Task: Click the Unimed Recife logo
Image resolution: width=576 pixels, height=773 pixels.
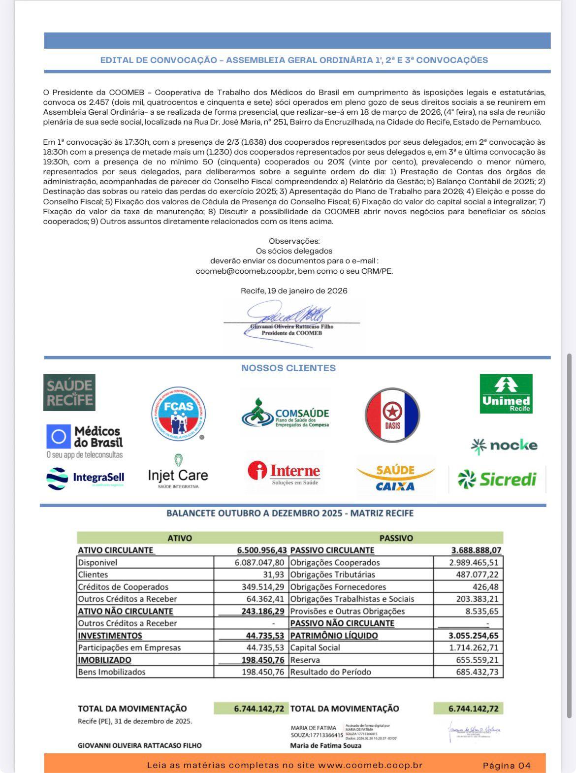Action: pyautogui.click(x=506, y=394)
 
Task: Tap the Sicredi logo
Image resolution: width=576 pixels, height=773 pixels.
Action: pyautogui.click(x=497, y=479)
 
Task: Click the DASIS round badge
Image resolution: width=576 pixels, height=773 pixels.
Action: pyautogui.click(x=392, y=415)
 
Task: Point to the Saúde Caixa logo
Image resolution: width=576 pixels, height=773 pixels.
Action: pyautogui.click(x=395, y=478)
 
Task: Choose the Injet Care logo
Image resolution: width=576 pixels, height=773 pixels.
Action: pyautogui.click(x=178, y=472)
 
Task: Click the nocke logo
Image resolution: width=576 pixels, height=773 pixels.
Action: pyautogui.click(x=504, y=446)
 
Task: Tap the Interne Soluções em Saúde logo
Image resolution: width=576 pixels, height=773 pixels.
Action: pyautogui.click(x=285, y=473)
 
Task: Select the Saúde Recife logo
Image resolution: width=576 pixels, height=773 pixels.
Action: pyautogui.click(x=69, y=392)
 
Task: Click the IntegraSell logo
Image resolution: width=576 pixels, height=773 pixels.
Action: pyautogui.click(x=85, y=478)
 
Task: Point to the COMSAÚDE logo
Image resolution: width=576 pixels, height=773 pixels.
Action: pyautogui.click(x=285, y=413)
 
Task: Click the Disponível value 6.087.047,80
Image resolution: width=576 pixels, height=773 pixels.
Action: pyautogui.click(x=259, y=562)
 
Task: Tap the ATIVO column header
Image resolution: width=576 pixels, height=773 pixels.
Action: pyautogui.click(x=180, y=538)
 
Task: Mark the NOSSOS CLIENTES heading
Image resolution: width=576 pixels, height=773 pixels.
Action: pyautogui.click(x=288, y=368)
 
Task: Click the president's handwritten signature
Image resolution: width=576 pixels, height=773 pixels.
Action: pyautogui.click(x=288, y=314)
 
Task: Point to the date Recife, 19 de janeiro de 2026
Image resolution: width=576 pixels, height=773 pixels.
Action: pyautogui.click(x=294, y=290)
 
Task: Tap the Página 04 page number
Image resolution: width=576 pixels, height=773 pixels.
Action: pyautogui.click(x=507, y=765)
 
